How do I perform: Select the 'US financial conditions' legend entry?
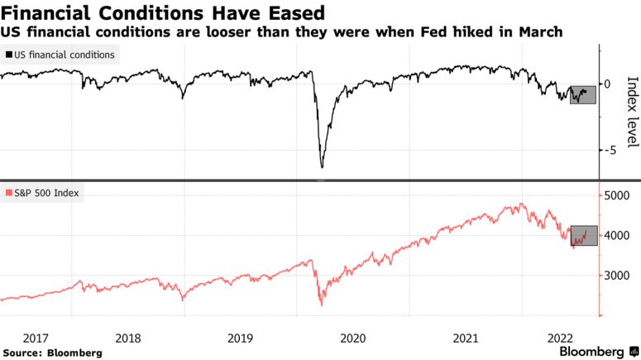pos(61,55)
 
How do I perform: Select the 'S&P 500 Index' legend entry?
pos(44,193)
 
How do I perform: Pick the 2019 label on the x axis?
pos(240,338)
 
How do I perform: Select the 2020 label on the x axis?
pos(353,338)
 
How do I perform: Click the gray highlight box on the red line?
pos(583,235)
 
